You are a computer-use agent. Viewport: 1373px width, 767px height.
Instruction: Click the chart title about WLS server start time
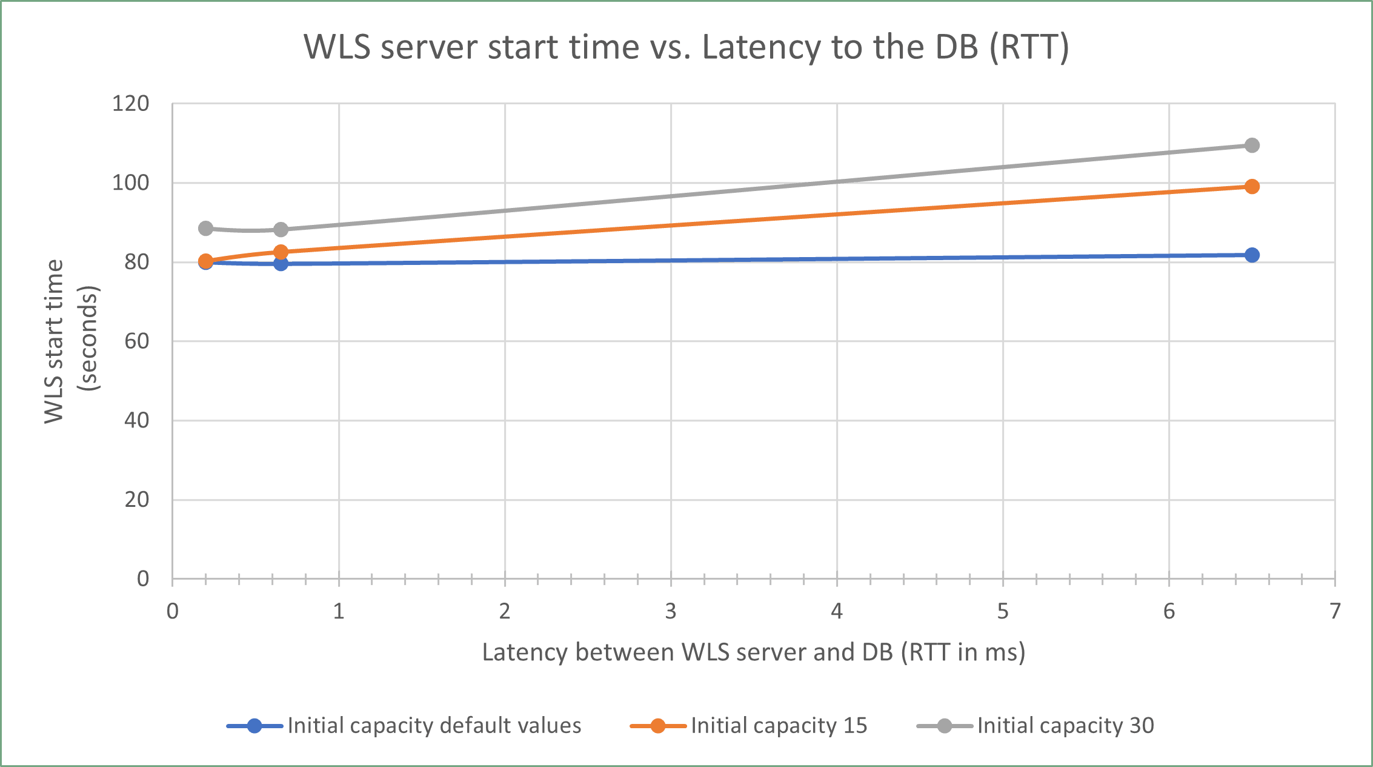coord(686,47)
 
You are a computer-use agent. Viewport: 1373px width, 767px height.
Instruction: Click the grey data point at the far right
coord(1252,146)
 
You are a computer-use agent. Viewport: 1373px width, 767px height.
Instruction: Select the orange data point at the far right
coord(1252,187)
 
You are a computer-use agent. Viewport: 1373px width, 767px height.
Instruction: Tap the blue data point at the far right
coord(1252,255)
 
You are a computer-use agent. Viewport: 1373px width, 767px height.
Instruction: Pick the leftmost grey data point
coord(206,229)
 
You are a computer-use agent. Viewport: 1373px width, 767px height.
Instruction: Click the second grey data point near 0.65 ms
coord(281,230)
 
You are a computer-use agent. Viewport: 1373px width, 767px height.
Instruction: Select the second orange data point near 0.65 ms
coord(281,252)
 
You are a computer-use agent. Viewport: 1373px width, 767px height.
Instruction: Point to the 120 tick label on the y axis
coord(130,104)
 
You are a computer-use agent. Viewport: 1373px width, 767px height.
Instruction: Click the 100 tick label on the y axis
coord(130,183)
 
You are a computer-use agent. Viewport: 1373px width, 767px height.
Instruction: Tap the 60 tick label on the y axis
coord(136,341)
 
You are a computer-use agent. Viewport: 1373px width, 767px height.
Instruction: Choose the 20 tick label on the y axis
coord(136,500)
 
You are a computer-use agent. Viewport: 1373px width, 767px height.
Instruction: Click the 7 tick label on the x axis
coord(1335,611)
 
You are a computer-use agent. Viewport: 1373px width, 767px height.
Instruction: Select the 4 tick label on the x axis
coord(837,611)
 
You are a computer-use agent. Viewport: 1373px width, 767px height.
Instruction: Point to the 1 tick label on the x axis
coord(339,611)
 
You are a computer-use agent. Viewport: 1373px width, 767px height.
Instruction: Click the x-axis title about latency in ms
coord(753,652)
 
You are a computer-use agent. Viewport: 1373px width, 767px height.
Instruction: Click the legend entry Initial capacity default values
coord(434,726)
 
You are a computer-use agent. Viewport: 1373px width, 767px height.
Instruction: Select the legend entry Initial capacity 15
coord(779,726)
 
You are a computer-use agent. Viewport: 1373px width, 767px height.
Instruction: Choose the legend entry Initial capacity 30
coord(1065,726)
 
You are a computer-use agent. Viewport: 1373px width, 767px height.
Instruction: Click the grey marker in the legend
coord(944,726)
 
